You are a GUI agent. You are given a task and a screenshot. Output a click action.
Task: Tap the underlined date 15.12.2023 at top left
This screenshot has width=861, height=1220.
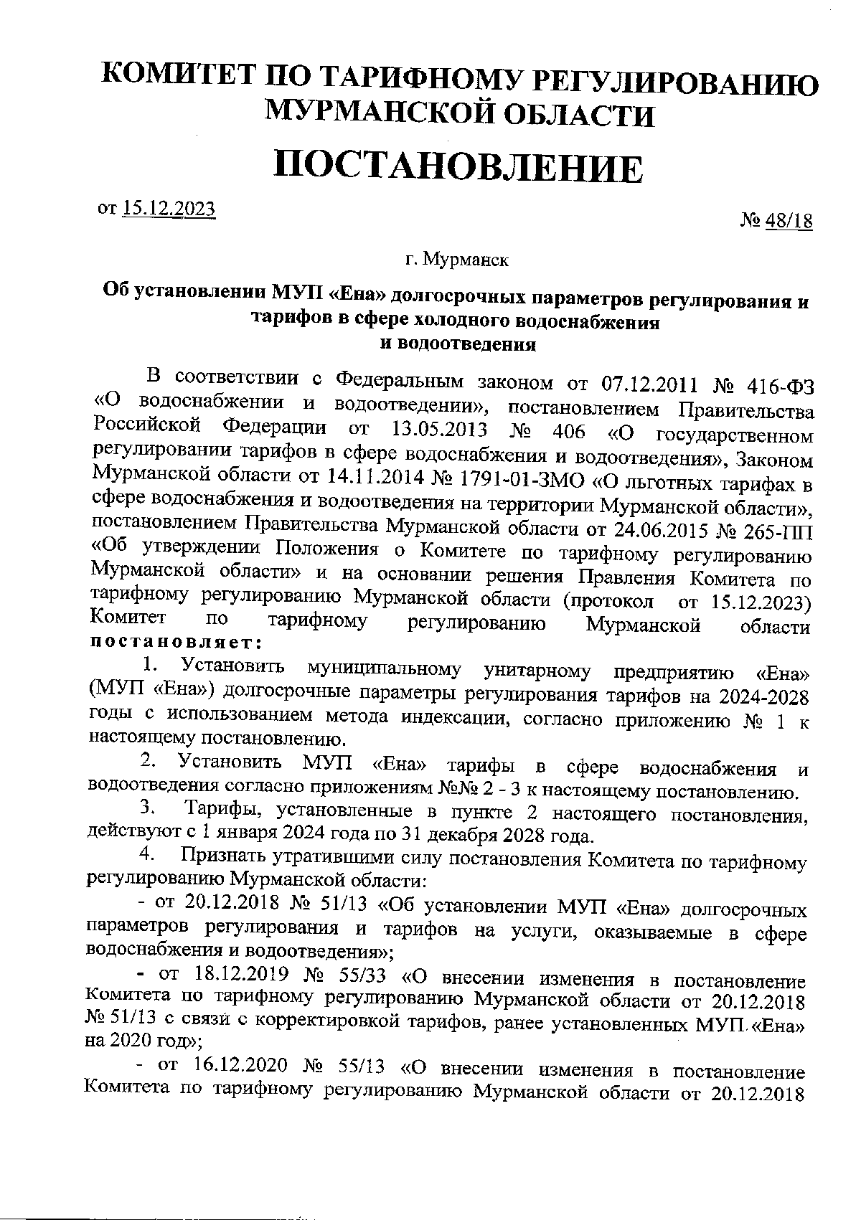169,208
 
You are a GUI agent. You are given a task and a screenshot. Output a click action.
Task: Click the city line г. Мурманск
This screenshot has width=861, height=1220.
457,259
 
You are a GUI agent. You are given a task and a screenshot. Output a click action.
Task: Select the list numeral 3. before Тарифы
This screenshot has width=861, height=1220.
148,810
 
